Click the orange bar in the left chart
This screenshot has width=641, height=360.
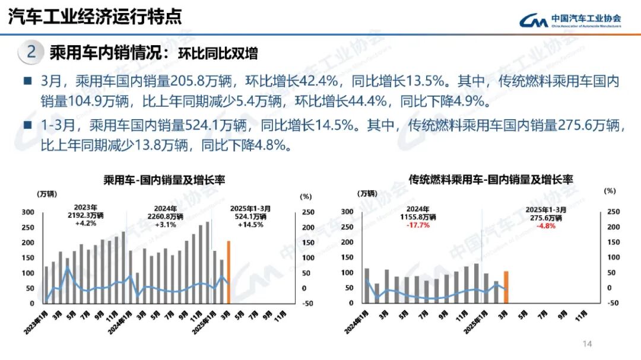point(228,272)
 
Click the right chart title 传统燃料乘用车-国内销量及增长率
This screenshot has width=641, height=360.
point(491,179)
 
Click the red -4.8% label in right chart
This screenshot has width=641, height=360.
point(546,225)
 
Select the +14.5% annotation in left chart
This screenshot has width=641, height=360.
point(250,225)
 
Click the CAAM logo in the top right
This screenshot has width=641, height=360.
point(570,21)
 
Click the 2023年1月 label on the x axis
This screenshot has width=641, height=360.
point(37,321)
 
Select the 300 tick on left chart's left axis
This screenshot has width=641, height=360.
point(28,212)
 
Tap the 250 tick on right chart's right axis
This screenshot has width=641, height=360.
point(613,212)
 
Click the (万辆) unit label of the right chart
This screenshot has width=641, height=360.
point(366,193)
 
